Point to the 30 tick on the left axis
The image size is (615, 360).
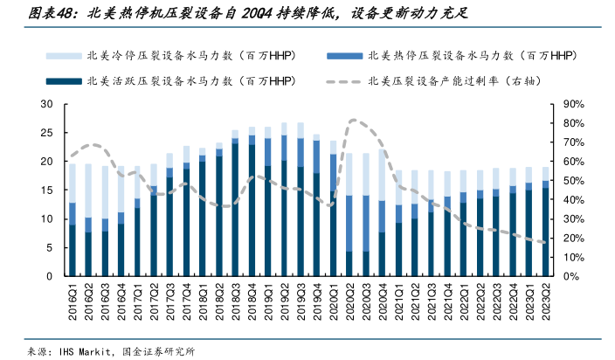click(48, 105)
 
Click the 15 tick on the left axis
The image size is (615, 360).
click(48, 190)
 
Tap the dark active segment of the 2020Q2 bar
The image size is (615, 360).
click(350, 264)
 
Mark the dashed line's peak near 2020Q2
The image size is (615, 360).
click(352, 120)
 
